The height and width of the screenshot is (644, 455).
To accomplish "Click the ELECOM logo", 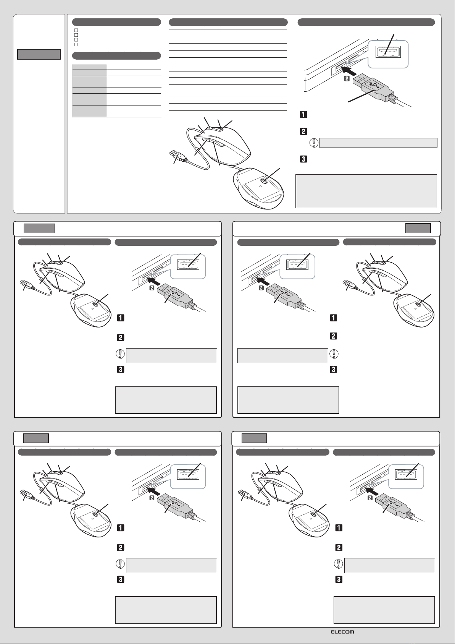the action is click(342, 632).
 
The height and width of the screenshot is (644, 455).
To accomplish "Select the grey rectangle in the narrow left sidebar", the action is click(39, 54).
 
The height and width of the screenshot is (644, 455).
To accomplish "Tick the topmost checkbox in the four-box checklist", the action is click(76, 30).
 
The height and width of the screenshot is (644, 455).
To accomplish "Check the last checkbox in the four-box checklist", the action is click(76, 44).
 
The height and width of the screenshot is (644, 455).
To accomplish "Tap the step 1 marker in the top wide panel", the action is click(304, 114).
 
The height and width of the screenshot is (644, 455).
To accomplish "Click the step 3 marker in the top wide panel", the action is click(304, 159).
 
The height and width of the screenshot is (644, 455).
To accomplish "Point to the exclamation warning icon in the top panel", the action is click(313, 143).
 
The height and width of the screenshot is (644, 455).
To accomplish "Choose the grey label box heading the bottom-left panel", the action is click(36, 438).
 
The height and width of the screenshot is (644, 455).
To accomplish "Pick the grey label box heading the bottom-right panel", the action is click(254, 438).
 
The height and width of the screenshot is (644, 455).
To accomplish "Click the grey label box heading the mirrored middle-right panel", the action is click(418, 228).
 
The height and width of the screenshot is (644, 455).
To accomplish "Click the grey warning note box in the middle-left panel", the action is click(171, 355).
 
